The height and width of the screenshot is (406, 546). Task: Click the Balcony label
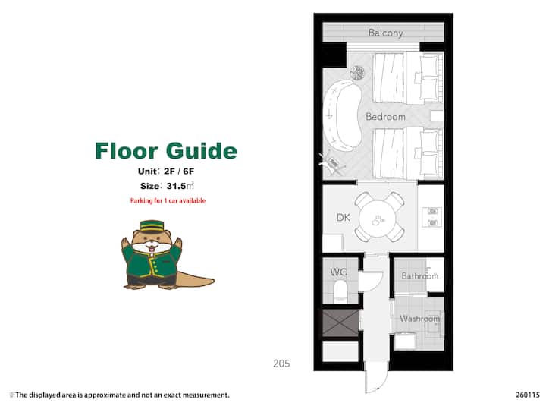coord(385,33)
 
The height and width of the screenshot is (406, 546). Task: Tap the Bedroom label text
coord(385,117)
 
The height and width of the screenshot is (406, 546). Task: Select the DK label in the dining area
coord(344,218)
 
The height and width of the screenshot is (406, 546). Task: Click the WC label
coord(338,272)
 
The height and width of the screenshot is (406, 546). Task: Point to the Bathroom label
coord(419,276)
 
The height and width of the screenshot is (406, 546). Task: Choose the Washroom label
coord(419,319)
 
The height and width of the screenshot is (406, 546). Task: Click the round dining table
coord(378,219)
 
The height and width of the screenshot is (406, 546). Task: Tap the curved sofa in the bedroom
coord(342,115)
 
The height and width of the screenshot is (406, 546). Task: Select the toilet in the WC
coord(340,291)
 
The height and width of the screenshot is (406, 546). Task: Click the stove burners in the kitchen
coord(432,217)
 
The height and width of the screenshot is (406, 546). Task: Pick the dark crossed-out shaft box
coord(340,323)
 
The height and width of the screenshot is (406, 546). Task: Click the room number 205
coord(281,364)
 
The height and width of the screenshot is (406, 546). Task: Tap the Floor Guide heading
coord(166,151)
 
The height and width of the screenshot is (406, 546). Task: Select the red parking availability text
coord(168,201)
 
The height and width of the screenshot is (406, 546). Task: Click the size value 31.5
coord(176,186)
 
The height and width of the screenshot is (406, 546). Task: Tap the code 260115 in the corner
coord(528,395)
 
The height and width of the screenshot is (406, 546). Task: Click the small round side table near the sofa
coord(357,73)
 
